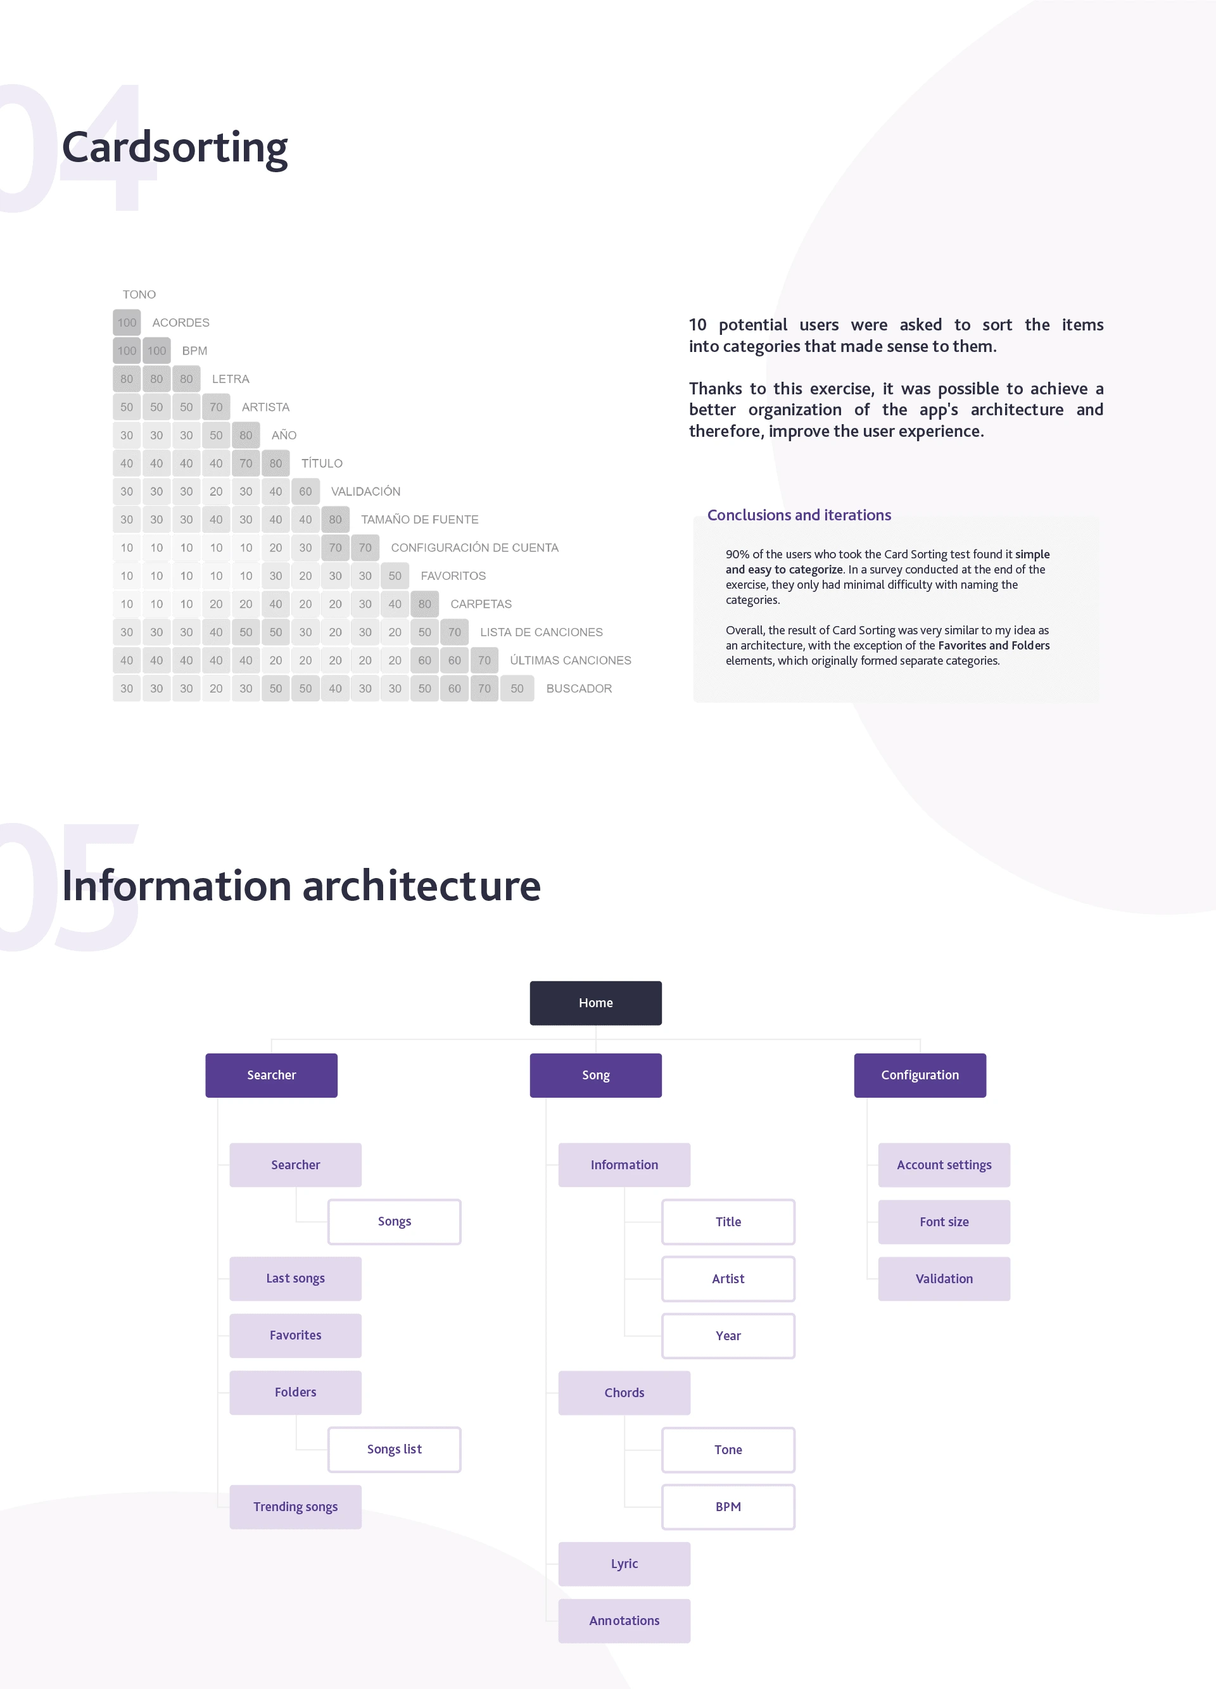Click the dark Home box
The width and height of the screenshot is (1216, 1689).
tap(595, 1002)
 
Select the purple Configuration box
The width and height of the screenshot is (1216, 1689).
tap(920, 1074)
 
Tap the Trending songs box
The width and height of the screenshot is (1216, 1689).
tap(295, 1507)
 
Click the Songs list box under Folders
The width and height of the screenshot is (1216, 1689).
tap(394, 1449)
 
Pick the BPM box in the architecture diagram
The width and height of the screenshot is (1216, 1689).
tap(728, 1507)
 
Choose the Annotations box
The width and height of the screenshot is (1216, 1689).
tap(624, 1621)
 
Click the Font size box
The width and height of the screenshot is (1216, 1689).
tap(944, 1221)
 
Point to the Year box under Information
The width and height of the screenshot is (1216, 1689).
tap(728, 1335)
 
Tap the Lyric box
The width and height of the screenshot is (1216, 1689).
tap(624, 1564)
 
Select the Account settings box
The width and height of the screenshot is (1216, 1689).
tap(944, 1165)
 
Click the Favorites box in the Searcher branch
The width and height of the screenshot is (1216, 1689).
tap(295, 1335)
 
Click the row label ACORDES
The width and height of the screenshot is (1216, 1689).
tap(181, 322)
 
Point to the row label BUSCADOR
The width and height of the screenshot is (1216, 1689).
tap(579, 689)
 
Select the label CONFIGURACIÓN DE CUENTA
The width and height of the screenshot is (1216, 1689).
tap(474, 548)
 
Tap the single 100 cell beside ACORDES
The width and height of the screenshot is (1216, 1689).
tap(127, 322)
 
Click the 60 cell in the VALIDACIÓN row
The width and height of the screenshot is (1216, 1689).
tap(305, 491)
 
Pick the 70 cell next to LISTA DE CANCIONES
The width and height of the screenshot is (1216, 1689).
tap(455, 632)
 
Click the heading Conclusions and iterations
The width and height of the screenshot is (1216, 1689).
tap(799, 515)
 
